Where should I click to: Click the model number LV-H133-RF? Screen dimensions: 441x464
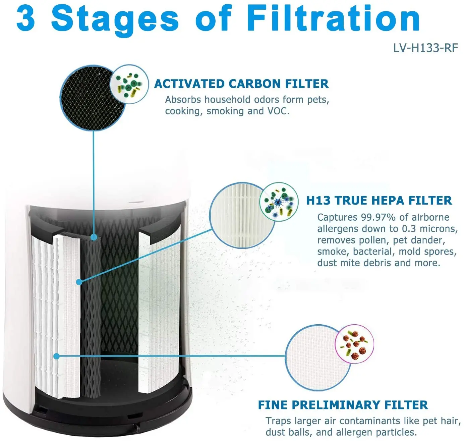point(425,48)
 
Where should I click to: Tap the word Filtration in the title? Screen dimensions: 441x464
point(333,19)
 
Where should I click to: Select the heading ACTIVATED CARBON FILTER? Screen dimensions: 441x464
point(241,84)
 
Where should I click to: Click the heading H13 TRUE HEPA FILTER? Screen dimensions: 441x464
point(379,201)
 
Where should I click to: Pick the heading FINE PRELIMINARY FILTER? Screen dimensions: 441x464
point(343,405)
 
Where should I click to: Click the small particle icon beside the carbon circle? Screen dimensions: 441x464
point(129,84)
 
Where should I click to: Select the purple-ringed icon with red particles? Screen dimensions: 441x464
point(354,344)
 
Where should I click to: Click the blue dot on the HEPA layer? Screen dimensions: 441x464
point(79,282)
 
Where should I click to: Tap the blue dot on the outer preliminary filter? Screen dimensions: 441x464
point(57,356)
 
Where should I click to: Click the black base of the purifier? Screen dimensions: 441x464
point(111,412)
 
